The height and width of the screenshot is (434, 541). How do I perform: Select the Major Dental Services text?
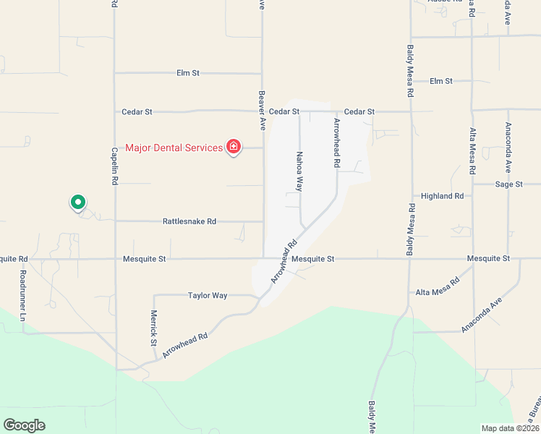click(174, 148)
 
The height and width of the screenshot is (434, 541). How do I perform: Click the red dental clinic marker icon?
click(233, 148)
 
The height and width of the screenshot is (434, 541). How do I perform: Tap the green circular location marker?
click(77, 202)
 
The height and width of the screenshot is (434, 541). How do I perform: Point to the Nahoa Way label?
click(298, 171)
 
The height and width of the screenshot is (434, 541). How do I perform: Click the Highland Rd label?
click(442, 196)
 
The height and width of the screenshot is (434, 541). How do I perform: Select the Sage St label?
click(508, 184)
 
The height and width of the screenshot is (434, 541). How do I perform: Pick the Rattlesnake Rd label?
click(189, 221)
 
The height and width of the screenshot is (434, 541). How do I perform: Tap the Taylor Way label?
click(208, 295)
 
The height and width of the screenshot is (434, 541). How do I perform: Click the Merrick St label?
click(153, 329)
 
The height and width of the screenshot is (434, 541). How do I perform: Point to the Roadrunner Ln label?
click(23, 297)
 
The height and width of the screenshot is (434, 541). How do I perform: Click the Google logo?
click(24, 425)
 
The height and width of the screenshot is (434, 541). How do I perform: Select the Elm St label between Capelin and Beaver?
click(187, 73)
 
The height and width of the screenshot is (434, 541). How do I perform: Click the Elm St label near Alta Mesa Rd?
click(440, 81)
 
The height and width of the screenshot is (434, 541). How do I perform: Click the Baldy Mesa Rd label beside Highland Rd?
click(411, 230)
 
